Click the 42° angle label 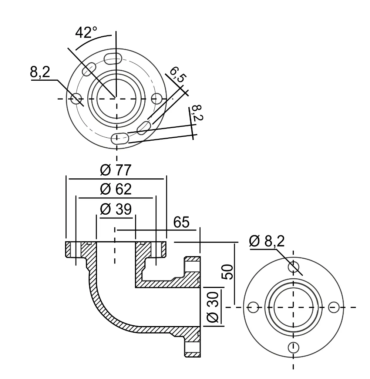coord(86,33)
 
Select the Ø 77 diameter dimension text coord(115,170)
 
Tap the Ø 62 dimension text coord(115,189)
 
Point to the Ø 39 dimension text coord(115,209)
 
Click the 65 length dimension coord(181,222)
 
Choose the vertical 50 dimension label coord(228,272)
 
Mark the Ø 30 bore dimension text coord(213,307)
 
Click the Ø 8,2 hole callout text coord(266,241)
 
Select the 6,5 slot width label coord(178,75)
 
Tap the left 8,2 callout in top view coord(40,72)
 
